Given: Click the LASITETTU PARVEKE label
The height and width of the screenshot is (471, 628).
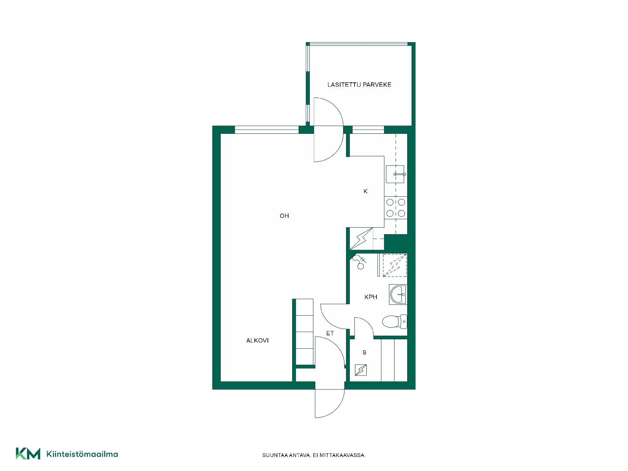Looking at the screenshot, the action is pyautogui.click(x=359, y=85).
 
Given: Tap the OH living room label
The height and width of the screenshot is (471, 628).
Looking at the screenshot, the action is pyautogui.click(x=284, y=216).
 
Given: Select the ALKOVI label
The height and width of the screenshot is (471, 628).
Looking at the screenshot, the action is pyautogui.click(x=257, y=340).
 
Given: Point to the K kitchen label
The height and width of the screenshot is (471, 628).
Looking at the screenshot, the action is pyautogui.click(x=365, y=191).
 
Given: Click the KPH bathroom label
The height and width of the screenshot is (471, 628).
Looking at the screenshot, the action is pyautogui.click(x=371, y=297).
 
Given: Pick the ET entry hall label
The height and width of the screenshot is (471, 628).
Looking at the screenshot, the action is pyautogui.click(x=330, y=333).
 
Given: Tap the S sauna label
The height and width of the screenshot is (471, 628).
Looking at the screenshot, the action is pyautogui.click(x=364, y=353).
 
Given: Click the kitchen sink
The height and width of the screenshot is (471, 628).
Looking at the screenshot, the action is pyautogui.click(x=396, y=174).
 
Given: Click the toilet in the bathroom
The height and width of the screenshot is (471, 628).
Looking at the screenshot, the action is pyautogui.click(x=394, y=322).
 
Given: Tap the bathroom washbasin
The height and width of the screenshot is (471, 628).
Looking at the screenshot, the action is pyautogui.click(x=398, y=294).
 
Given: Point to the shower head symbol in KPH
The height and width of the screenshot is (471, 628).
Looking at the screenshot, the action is pyautogui.click(x=359, y=262).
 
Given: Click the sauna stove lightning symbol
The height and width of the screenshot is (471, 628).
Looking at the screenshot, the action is pyautogui.click(x=361, y=370).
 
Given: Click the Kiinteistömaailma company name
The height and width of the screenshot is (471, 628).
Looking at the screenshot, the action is pyautogui.click(x=82, y=454).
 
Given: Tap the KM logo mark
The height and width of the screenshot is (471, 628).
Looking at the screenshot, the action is pyautogui.click(x=28, y=454).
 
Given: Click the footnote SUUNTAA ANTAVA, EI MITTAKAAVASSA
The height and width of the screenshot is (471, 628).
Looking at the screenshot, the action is pyautogui.click(x=314, y=455).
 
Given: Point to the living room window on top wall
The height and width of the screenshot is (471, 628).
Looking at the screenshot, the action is pyautogui.click(x=267, y=130).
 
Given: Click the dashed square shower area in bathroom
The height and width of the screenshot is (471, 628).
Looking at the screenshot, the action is pyautogui.click(x=395, y=265).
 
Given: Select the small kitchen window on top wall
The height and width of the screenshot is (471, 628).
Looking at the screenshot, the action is pyautogui.click(x=368, y=130).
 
